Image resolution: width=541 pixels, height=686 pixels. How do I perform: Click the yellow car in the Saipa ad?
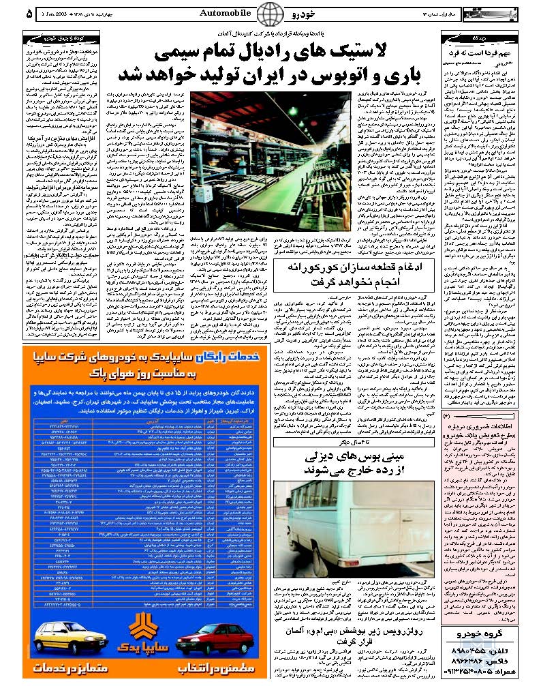[64, 644]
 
